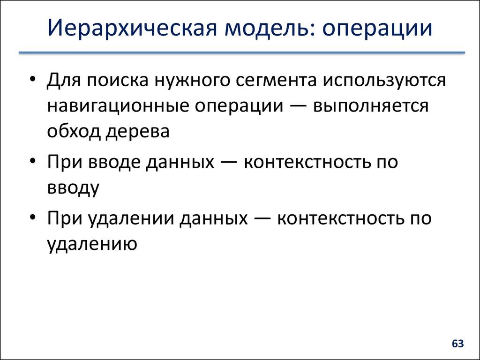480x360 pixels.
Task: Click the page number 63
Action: [457, 344]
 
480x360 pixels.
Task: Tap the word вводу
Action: [73, 188]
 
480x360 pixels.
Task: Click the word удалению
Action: [92, 244]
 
